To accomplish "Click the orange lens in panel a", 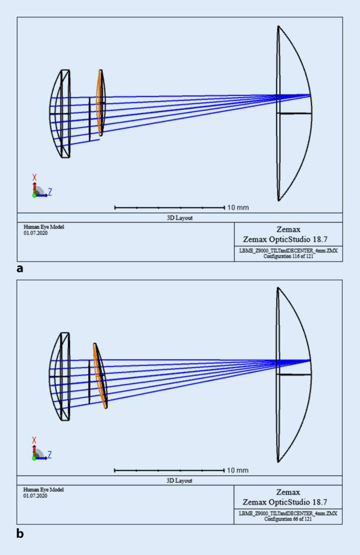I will tap(100, 102).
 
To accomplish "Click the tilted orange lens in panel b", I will tap(100, 376).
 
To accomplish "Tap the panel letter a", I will tap(20, 268).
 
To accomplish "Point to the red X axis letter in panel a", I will tap(34, 177).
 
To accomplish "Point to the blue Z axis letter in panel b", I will tap(50, 454).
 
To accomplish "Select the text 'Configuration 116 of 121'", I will tap(288, 256).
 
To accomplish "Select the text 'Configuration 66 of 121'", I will tap(288, 519).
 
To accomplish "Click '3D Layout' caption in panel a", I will tap(180, 217).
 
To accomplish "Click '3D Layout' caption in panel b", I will tap(180, 481).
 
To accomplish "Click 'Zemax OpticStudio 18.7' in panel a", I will tap(288, 237).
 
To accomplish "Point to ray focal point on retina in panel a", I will tap(310, 95).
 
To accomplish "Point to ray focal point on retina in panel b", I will tap(310, 360).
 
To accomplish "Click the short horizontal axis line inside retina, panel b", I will tap(294, 374).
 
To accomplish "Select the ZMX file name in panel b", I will tap(288, 514).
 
